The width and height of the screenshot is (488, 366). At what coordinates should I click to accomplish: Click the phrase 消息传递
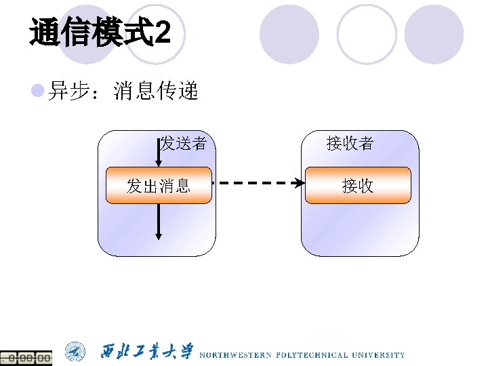click(x=156, y=91)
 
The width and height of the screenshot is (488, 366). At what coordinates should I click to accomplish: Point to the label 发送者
click(x=184, y=143)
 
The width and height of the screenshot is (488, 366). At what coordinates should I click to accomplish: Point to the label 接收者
click(x=350, y=143)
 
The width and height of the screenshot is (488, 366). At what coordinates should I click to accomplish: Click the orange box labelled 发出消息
click(x=159, y=186)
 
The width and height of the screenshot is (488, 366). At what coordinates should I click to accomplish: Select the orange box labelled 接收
click(x=358, y=186)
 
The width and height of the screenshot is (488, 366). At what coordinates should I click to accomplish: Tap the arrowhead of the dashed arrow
click(x=299, y=182)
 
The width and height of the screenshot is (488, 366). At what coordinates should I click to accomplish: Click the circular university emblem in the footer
click(x=75, y=352)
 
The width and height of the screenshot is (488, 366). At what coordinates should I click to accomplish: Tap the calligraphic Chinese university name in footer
click(x=146, y=352)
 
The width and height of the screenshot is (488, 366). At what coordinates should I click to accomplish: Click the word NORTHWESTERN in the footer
click(x=235, y=354)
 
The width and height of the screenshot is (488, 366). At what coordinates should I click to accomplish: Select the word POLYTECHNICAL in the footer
click(x=310, y=354)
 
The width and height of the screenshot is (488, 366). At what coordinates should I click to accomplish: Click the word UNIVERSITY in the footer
click(x=378, y=354)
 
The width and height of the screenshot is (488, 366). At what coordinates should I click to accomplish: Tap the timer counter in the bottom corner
click(x=26, y=357)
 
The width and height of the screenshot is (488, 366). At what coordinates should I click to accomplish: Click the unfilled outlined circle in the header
click(x=366, y=33)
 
